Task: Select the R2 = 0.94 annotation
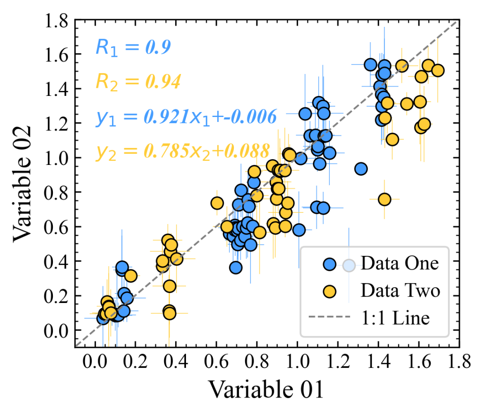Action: (x=138, y=82)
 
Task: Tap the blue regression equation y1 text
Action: (x=186, y=117)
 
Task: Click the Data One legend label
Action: (x=400, y=264)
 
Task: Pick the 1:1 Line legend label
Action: (x=395, y=318)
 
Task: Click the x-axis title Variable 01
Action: (x=266, y=389)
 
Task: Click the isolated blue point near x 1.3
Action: (x=361, y=169)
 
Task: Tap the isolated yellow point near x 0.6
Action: (x=217, y=203)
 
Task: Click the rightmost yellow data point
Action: (x=438, y=70)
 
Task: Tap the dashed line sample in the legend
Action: (x=329, y=318)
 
